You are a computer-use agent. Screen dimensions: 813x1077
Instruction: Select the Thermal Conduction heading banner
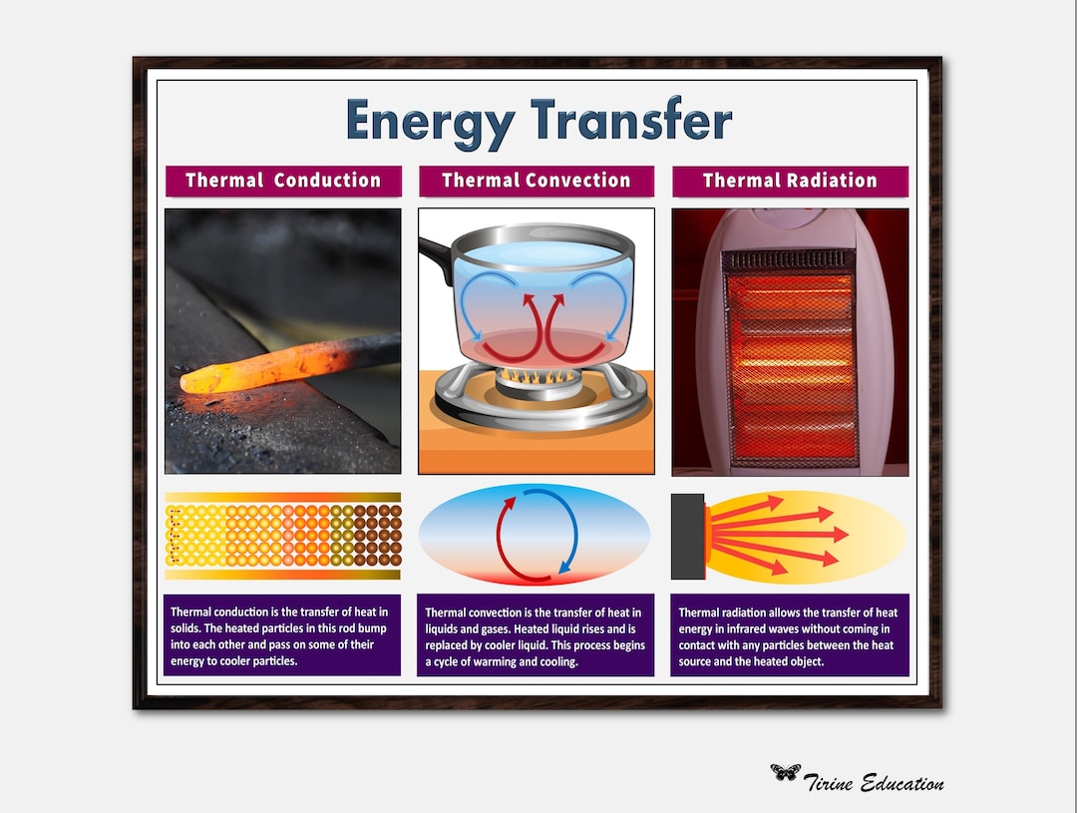click(x=283, y=181)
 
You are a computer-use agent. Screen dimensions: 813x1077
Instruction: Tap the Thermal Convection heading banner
click(x=537, y=181)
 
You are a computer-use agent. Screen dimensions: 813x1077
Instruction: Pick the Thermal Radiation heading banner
click(x=790, y=181)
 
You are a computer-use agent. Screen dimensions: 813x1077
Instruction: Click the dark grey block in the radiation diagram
click(x=687, y=536)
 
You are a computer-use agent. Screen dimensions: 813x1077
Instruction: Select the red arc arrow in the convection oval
click(x=504, y=539)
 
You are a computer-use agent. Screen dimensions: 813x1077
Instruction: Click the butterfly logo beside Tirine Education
click(x=785, y=772)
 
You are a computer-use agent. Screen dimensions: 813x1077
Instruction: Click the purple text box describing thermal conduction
click(x=282, y=635)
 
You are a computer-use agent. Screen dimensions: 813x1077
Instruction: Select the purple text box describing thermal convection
click(x=536, y=635)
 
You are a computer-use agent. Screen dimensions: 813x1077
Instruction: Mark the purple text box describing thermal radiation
click(x=790, y=635)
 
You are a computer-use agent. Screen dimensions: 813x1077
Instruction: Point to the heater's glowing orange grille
click(x=789, y=359)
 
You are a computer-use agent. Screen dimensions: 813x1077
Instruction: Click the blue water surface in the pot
click(x=536, y=253)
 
